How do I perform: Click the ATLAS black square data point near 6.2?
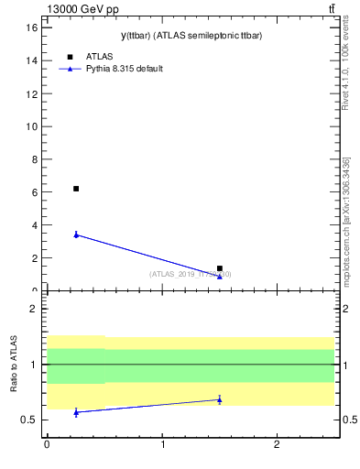point(76,189)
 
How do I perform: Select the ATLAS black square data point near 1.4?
point(220,268)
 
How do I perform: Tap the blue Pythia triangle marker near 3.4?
point(76,234)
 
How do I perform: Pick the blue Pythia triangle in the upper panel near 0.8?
point(220,277)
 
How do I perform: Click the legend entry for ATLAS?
point(99,57)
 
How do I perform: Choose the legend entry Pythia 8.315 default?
point(124,69)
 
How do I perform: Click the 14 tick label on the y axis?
point(32,60)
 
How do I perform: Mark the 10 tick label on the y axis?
point(32,126)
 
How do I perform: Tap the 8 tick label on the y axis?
point(34,159)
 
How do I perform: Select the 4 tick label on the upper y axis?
point(34,225)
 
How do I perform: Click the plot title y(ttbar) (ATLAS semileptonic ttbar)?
point(179,36)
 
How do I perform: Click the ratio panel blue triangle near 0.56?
point(76,412)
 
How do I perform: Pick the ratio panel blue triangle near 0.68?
point(220,399)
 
